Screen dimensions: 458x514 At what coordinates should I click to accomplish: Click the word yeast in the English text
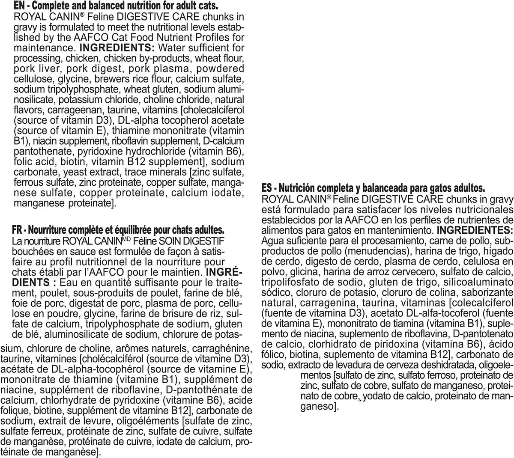pos(67,172)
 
